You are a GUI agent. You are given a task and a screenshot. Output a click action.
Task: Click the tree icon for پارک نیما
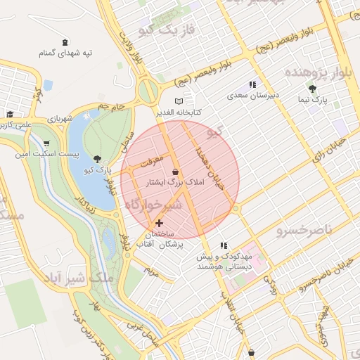[313, 89]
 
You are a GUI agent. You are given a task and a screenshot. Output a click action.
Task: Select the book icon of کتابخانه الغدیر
[179, 101]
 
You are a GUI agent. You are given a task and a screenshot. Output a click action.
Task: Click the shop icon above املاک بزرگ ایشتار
[175, 172]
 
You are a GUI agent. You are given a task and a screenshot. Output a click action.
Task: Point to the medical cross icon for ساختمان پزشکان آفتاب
[159, 223]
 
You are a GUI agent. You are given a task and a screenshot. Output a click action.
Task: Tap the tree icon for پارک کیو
[97, 159]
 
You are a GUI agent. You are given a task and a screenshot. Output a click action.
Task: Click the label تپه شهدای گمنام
[65, 53]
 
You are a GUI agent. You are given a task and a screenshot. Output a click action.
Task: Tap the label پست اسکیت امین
[58, 153]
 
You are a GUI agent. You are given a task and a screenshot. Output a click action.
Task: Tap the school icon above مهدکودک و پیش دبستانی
[224, 245]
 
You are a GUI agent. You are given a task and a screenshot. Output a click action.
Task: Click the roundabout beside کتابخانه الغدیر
[149, 91]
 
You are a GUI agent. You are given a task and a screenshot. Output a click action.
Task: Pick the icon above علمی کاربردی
[10, 114]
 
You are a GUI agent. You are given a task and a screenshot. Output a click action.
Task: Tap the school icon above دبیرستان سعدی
[252, 84]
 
